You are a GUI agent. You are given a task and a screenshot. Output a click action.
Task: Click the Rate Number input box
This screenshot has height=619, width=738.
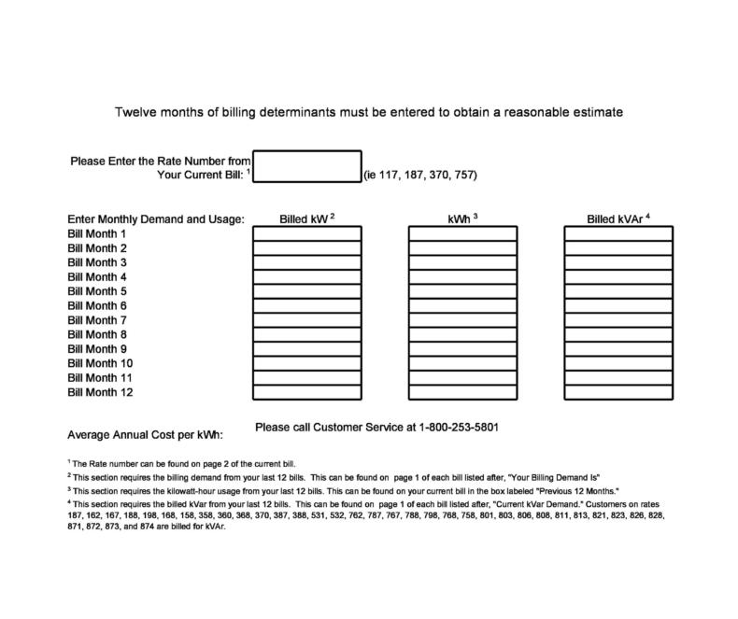coord(306,166)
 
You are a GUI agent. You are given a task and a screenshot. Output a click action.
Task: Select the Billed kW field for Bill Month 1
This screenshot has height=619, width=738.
coord(306,233)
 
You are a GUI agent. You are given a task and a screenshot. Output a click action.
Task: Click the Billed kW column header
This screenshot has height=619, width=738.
coord(306,219)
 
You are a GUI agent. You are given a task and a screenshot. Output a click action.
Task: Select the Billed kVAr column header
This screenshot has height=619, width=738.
coord(617,219)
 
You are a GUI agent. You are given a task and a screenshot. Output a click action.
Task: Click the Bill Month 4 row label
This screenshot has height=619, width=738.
coord(97,277)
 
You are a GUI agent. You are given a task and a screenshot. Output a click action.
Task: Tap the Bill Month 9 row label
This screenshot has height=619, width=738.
coord(97,349)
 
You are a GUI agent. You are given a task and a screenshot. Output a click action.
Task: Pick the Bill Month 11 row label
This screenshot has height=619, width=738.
coord(100,378)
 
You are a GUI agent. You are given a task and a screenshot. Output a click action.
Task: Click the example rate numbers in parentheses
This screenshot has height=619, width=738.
coord(420,175)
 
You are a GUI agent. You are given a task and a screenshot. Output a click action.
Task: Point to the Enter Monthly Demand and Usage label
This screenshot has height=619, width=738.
coord(156,219)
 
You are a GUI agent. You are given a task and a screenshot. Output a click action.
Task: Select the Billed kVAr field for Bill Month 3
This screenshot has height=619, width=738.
coord(617,262)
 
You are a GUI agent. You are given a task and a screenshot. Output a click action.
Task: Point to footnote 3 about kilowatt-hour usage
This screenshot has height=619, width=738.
coord(344,490)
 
